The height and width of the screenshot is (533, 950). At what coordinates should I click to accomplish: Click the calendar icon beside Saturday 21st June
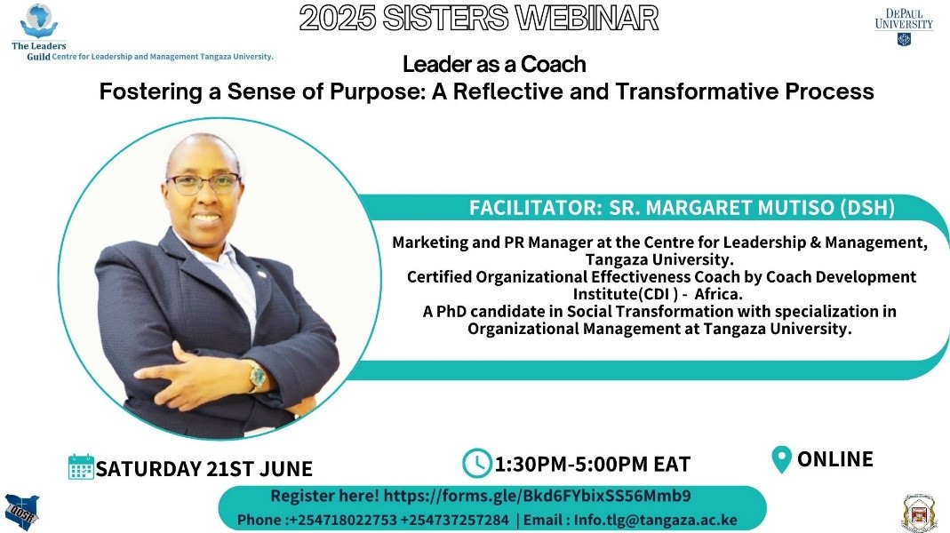coord(81,467)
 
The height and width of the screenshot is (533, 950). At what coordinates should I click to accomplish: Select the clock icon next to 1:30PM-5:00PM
coord(477,464)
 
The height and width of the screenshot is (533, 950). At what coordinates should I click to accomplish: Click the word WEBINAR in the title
coord(587,18)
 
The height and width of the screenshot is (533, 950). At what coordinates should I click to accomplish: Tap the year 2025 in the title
coord(338,18)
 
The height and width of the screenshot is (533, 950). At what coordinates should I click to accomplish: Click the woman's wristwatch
coord(257,376)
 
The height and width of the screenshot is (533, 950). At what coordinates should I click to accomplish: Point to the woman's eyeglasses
coord(204,183)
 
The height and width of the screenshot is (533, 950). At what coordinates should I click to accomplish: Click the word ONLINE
coord(834,459)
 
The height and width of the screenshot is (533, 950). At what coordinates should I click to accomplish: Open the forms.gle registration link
coord(537,496)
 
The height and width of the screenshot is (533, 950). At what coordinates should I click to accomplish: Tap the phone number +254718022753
coord(344,520)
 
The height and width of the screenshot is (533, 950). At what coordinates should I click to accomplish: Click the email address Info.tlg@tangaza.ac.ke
coord(656,520)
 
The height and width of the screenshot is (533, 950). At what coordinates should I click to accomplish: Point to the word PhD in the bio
coord(452,311)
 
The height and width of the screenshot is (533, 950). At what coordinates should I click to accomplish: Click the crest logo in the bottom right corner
coord(920,513)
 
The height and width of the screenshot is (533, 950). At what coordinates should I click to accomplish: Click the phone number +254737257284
coord(454,520)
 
